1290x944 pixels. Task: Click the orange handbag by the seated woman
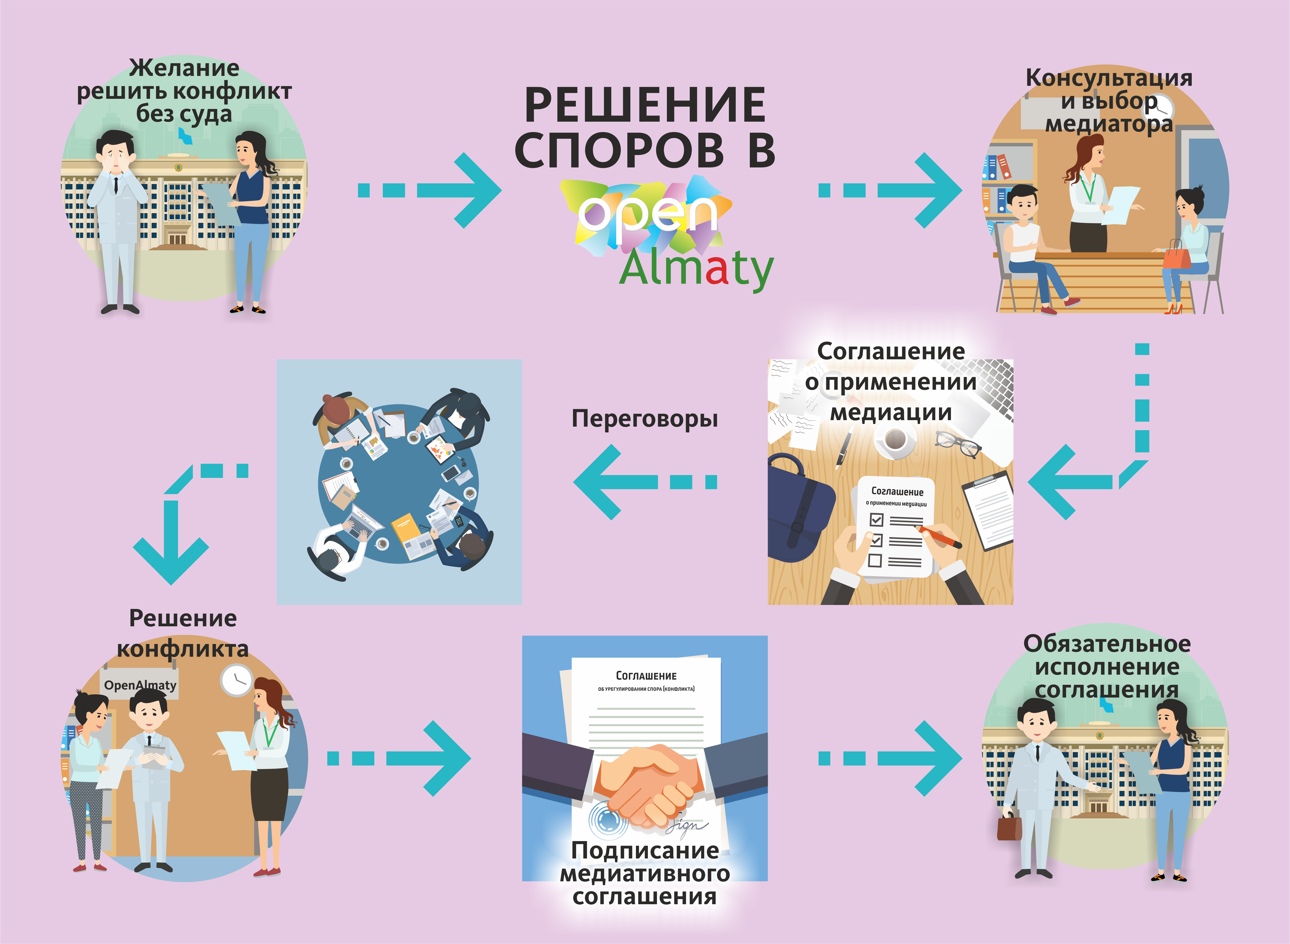[x=1176, y=255]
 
